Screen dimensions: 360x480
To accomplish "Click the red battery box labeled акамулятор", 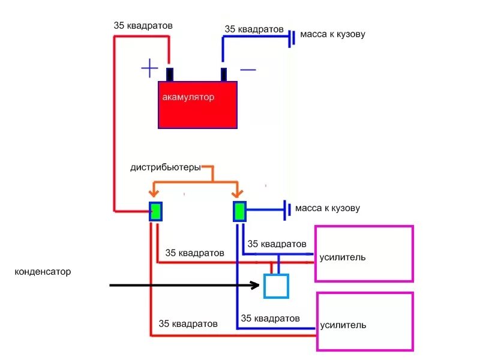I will click(x=198, y=105).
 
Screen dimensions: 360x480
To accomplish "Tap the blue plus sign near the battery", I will click(x=149, y=68).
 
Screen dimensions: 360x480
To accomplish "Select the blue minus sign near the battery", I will click(x=248, y=70).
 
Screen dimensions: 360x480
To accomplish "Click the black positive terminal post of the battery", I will click(x=170, y=74).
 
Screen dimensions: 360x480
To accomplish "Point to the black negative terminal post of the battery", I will click(x=224, y=74).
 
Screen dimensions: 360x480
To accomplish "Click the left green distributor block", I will click(x=156, y=211).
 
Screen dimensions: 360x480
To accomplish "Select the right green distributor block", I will click(x=239, y=211).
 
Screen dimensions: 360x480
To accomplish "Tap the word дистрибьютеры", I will click(x=166, y=167).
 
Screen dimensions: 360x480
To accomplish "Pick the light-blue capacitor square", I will click(x=277, y=286).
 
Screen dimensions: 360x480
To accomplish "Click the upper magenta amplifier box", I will click(x=364, y=253).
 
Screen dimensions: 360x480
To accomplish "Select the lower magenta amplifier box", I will click(x=365, y=322).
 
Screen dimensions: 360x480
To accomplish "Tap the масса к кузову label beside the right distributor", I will click(x=328, y=208).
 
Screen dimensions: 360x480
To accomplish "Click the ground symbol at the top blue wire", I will click(x=291, y=38).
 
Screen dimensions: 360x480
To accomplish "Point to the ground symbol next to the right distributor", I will click(x=287, y=209).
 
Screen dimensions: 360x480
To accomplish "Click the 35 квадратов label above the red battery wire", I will click(x=143, y=26).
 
